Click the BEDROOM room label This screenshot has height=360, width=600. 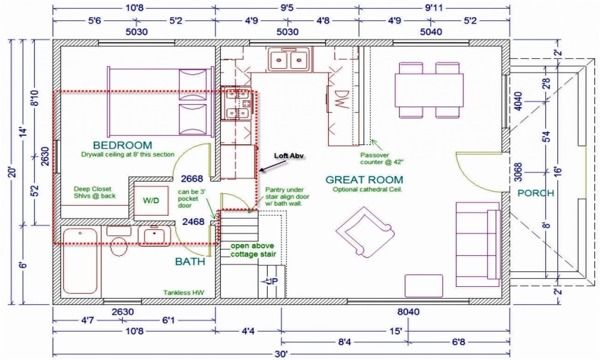pyautogui.click(x=122, y=145)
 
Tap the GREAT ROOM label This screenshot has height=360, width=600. pyautogui.click(x=364, y=180)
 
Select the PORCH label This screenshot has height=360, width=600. pyautogui.click(x=535, y=193)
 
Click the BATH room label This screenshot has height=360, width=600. pyautogui.click(x=190, y=262)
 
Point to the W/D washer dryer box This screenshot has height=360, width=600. pyautogui.click(x=150, y=201)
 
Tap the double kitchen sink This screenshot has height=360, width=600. pyautogui.click(x=289, y=60)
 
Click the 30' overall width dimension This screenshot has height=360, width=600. pyautogui.click(x=281, y=353)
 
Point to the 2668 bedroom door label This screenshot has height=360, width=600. pyautogui.click(x=193, y=178)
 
